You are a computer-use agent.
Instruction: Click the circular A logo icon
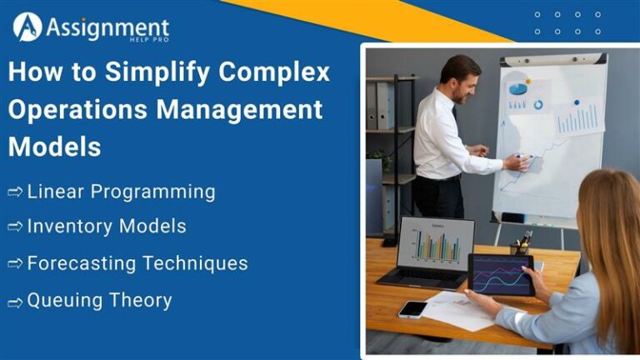coord(27,27)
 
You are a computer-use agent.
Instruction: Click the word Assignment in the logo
coord(106,28)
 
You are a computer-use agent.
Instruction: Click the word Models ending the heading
coord(55,147)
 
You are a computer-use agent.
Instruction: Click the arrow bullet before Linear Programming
coord(15,192)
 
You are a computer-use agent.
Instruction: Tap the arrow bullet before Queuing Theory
coord(15,302)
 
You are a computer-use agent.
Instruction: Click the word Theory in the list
coord(142,301)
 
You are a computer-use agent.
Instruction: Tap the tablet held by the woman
coord(501,274)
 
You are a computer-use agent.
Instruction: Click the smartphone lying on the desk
coord(412,308)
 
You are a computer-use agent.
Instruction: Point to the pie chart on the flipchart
coord(519,87)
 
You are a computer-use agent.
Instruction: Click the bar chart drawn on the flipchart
coord(579,119)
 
